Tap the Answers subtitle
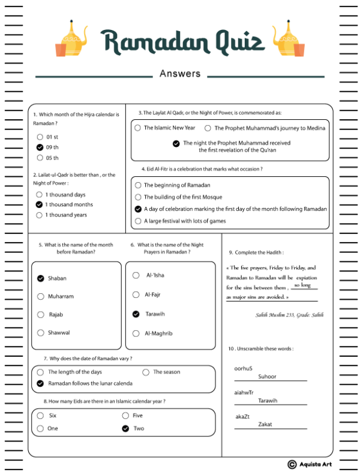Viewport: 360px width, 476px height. [x=180, y=74]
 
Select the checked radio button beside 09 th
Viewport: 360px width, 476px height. [x=40, y=147]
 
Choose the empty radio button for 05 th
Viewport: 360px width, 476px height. [x=40, y=158]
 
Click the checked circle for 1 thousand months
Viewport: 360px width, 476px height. [x=39, y=204]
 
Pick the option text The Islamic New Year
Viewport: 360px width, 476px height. [x=169, y=128]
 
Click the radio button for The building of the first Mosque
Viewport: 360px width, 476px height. [x=138, y=197]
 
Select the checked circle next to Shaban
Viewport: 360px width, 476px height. [x=41, y=278]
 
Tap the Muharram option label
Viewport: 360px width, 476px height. [x=61, y=296]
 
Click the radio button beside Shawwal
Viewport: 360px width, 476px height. [x=41, y=332]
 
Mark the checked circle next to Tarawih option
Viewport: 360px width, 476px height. [x=136, y=314]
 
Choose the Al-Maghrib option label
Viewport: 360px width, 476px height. [x=158, y=333]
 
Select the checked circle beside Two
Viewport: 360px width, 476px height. [x=125, y=428]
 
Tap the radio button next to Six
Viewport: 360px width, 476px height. [x=40, y=415]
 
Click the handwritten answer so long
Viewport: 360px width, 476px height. [x=302, y=285]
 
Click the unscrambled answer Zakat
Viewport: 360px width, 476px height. [x=265, y=424]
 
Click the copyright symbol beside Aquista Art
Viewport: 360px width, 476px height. [x=292, y=464]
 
